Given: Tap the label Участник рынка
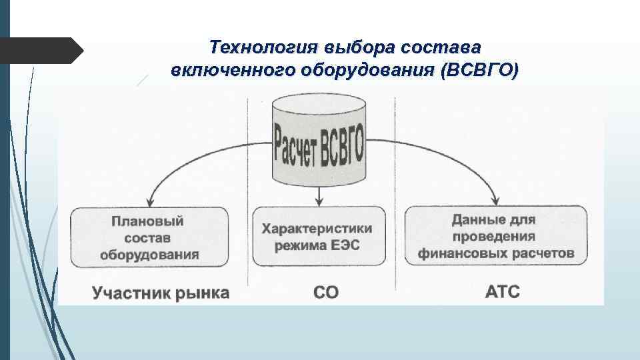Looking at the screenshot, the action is pos(160,293).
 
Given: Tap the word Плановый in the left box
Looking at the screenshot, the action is pos(147,220).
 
